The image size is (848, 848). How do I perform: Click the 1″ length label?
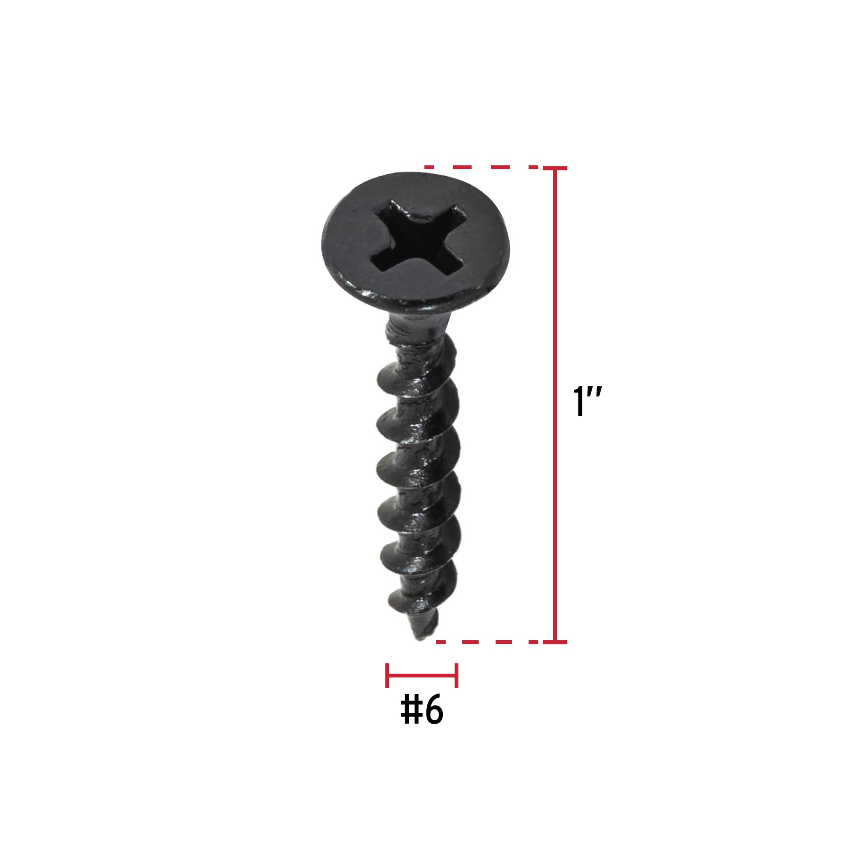tap(587, 401)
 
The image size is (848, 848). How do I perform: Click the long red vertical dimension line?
tap(555, 405)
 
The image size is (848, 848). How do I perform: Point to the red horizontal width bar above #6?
tap(422, 675)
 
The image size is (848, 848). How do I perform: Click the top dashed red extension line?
tap(481, 167)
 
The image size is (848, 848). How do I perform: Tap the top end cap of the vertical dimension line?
tap(555, 168)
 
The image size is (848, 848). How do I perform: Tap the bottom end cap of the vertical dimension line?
tap(555, 642)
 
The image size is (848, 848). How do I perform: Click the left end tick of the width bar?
tap(387, 675)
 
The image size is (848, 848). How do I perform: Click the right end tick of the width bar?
tap(456, 675)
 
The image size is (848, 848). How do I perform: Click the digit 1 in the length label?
tap(579, 401)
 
